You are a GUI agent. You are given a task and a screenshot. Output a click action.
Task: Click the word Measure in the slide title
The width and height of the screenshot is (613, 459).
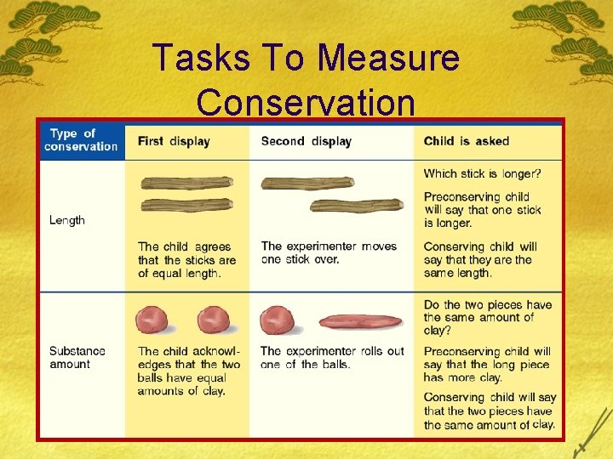pos(387,58)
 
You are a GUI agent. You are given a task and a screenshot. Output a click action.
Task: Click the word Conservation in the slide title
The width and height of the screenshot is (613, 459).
pos(306,102)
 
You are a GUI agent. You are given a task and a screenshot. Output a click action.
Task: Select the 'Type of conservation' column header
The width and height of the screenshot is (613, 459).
pos(81,139)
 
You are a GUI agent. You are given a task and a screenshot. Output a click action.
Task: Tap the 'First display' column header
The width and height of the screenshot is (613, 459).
pos(174,141)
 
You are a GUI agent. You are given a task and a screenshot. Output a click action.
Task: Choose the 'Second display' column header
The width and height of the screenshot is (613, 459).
pos(306,141)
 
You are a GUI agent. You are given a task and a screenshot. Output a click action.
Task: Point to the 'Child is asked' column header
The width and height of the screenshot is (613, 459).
pos(467,141)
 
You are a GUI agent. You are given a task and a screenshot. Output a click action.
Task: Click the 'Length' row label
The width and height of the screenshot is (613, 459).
pos(67,220)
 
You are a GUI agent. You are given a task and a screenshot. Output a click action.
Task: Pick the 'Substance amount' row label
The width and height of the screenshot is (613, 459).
pos(77,357)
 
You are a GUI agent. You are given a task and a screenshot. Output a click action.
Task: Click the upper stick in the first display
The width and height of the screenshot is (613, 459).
pos(186,183)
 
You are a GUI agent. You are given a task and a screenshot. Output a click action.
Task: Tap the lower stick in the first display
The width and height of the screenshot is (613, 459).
pos(186,205)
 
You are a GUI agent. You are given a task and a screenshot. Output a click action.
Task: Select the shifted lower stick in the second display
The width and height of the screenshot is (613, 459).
pos(357,205)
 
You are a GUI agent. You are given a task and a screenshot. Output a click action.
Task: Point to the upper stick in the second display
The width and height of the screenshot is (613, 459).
pos(307,183)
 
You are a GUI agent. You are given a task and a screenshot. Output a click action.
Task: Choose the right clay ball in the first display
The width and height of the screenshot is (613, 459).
pos(213,320)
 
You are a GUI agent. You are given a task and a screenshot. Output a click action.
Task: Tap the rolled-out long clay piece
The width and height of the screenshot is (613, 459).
pos(360,321)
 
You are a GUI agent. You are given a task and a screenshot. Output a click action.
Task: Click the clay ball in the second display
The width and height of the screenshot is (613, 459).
pos(276,320)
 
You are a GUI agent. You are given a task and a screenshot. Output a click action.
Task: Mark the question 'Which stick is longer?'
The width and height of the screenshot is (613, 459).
pos(483,174)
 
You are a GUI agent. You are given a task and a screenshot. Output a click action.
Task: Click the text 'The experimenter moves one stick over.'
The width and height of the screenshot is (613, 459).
pos(329,252)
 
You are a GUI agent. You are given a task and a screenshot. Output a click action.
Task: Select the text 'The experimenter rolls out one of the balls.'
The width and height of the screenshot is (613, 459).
pos(332,357)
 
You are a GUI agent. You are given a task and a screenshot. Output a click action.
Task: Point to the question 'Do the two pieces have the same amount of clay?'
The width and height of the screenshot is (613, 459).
pos(488,317)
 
